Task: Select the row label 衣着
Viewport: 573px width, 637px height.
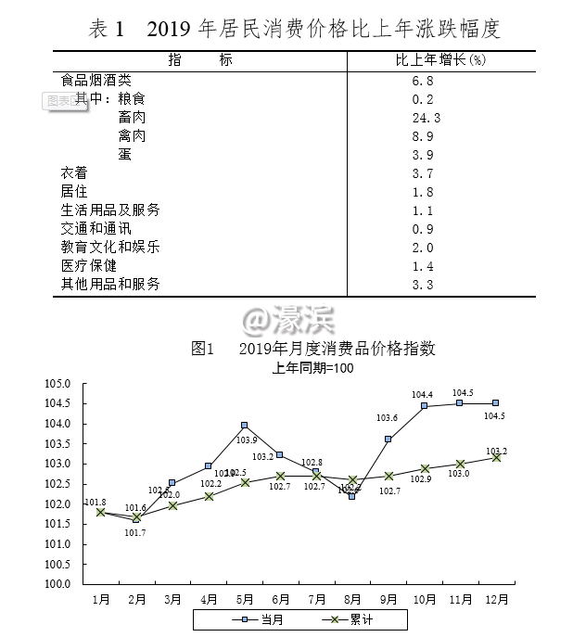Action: (x=74, y=173)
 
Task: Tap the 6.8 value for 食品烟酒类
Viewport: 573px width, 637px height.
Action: (x=423, y=81)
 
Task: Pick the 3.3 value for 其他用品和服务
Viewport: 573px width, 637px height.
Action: (x=423, y=284)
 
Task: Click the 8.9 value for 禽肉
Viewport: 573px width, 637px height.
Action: (x=423, y=136)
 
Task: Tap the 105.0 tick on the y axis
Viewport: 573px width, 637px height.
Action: (x=58, y=383)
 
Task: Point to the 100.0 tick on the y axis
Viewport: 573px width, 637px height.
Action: (x=58, y=584)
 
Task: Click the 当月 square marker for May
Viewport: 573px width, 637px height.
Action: (x=245, y=426)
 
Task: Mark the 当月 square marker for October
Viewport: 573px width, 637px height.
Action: (x=424, y=406)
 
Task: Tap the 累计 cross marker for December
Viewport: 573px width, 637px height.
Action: (x=496, y=457)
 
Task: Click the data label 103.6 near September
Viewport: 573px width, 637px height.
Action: (x=387, y=418)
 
